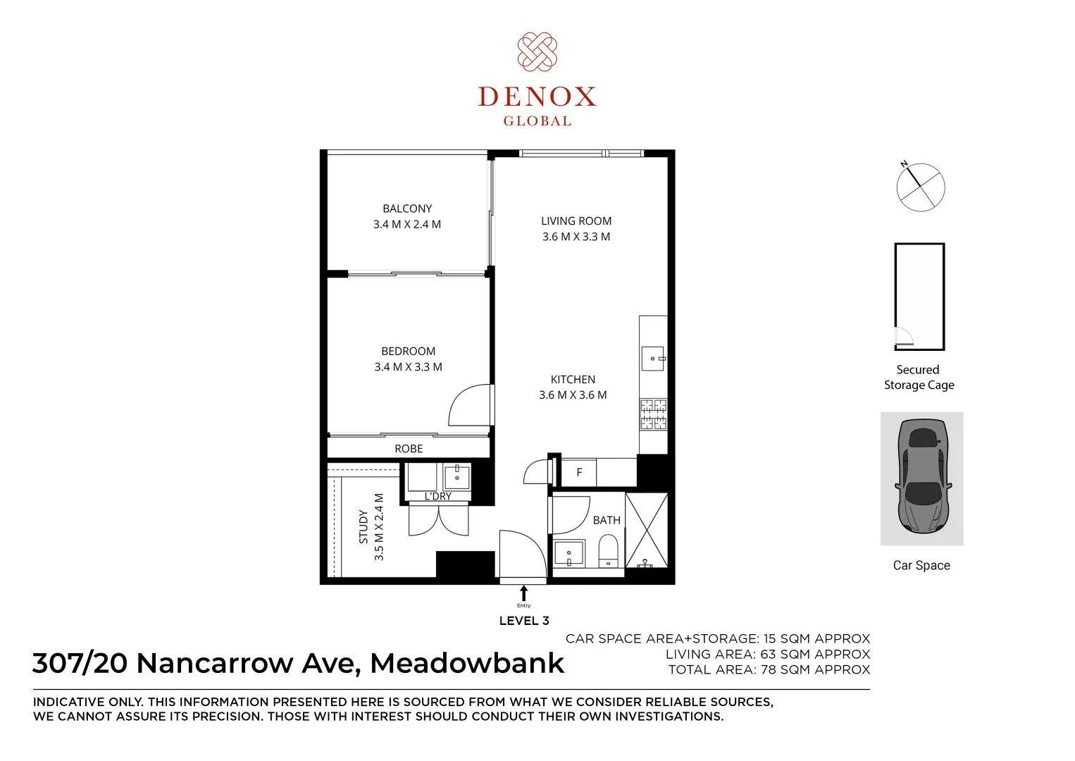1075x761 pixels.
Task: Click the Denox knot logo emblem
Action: click(537, 51)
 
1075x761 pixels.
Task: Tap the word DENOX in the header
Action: click(537, 97)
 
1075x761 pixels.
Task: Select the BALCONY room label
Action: click(407, 209)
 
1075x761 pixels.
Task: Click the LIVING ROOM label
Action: click(576, 221)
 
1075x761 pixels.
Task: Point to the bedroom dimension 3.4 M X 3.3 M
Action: click(408, 367)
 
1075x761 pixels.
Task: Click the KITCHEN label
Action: click(573, 380)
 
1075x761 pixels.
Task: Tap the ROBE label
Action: click(409, 449)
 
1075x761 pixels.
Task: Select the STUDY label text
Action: click(363, 527)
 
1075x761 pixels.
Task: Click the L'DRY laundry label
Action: click(437, 496)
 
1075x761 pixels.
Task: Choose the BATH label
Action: click(607, 520)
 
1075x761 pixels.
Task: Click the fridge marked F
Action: click(579, 473)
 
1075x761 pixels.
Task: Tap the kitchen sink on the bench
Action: click(653, 359)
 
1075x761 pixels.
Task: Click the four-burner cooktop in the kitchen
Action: click(653, 414)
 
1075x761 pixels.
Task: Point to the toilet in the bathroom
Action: click(608, 550)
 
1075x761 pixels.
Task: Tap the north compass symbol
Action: click(920, 187)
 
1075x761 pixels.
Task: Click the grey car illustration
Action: click(922, 476)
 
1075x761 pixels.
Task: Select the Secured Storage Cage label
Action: click(919, 378)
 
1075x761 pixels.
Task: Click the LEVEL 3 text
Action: click(524, 621)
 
